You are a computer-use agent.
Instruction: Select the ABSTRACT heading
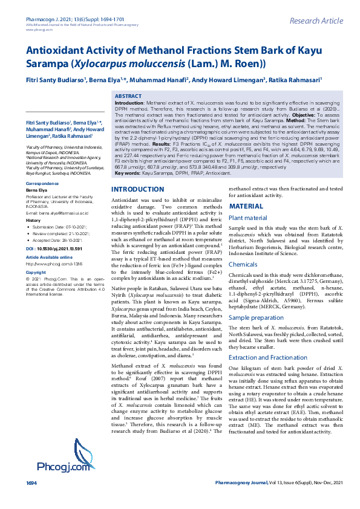coord(128,97)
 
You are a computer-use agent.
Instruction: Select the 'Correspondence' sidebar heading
coord(42,183)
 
